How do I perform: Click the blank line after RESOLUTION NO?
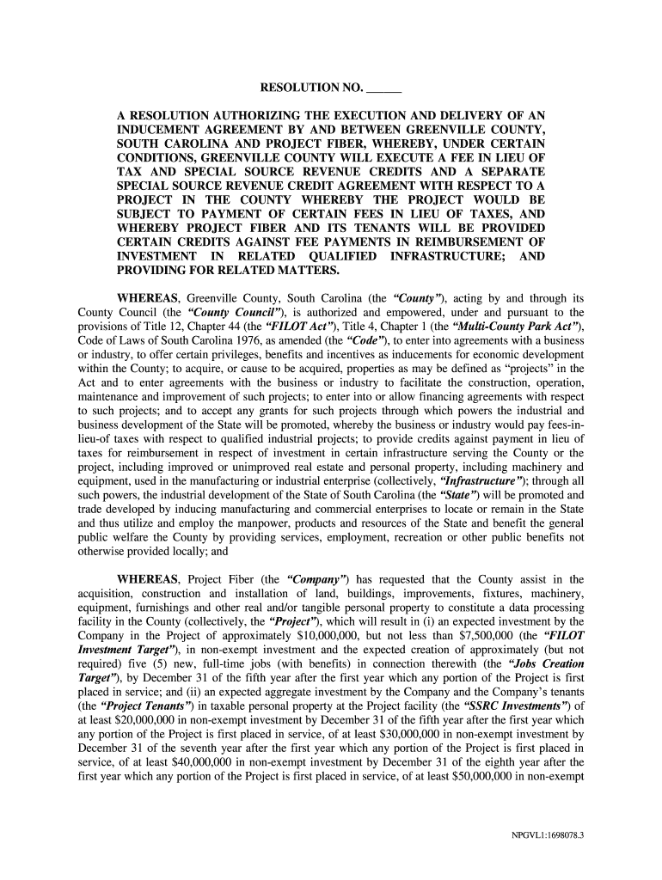(x=384, y=89)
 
